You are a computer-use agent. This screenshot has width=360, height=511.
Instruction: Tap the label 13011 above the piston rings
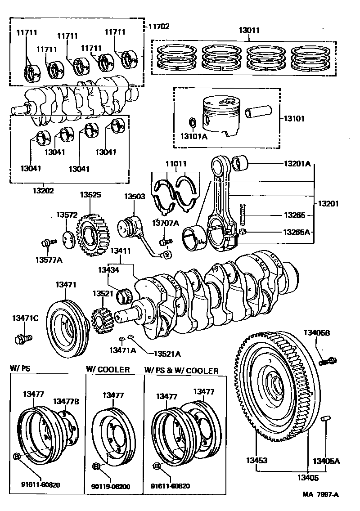pos(249,30)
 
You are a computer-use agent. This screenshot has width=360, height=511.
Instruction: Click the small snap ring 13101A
pos(193,124)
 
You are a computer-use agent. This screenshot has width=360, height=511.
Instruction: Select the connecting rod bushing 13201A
pos(240,163)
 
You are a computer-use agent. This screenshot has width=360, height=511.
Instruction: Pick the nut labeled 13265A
pos(243,232)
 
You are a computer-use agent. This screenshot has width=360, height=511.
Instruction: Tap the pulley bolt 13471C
pos(23,339)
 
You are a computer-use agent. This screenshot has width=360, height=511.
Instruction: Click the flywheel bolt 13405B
pos(328,361)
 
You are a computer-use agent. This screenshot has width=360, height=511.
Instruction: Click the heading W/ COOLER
pos(108,370)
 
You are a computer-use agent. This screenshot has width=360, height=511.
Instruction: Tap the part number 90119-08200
pos(111,487)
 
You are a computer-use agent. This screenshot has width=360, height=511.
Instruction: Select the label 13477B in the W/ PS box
pos(66,401)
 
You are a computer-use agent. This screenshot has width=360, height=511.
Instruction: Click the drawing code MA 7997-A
pos(320,494)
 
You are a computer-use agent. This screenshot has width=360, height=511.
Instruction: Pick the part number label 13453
pos(256,460)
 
